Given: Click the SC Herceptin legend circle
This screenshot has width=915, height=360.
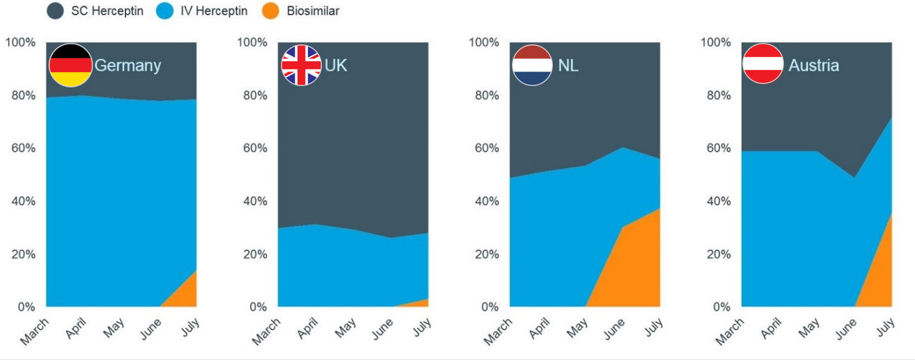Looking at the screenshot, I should pyautogui.click(x=55, y=11).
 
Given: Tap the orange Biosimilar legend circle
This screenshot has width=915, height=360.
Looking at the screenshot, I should pyautogui.click(x=273, y=11).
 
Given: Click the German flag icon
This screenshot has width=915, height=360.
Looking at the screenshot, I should pyautogui.click(x=70, y=65).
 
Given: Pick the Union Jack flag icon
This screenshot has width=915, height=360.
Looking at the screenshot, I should pyautogui.click(x=301, y=65).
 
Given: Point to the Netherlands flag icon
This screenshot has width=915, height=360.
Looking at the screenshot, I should pyautogui.click(x=532, y=65).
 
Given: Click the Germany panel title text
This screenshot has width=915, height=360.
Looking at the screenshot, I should pyautogui.click(x=128, y=65).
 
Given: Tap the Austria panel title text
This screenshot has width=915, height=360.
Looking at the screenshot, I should pyautogui.click(x=814, y=65).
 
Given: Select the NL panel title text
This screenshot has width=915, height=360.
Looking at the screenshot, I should pyautogui.click(x=568, y=65).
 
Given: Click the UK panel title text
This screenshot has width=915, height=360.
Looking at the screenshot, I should pyautogui.click(x=336, y=65).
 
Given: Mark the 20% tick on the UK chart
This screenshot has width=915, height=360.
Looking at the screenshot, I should pyautogui.click(x=253, y=254).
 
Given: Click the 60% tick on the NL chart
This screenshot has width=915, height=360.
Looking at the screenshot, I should pyautogui.click(x=484, y=148).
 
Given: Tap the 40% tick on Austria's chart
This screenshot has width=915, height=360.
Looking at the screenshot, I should pyautogui.click(x=716, y=201).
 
